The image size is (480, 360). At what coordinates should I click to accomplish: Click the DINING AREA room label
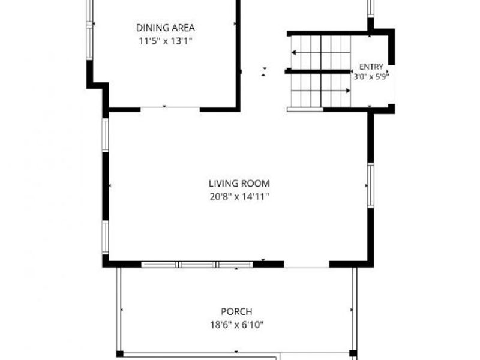[x=166, y=28]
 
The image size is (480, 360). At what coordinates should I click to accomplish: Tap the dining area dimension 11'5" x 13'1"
[x=166, y=41]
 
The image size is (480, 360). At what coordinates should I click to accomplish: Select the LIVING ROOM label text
[x=239, y=184]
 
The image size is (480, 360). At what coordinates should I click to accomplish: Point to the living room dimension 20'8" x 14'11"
[x=239, y=196]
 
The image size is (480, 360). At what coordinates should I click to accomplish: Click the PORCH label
[x=236, y=311]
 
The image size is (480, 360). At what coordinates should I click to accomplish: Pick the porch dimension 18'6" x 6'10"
[x=236, y=325]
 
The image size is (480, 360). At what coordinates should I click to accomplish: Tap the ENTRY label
[x=371, y=67]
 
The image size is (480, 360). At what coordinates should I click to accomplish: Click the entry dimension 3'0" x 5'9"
[x=371, y=77]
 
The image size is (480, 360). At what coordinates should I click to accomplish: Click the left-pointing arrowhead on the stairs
[x=293, y=53]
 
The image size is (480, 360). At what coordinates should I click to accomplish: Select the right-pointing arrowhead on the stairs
[x=348, y=91]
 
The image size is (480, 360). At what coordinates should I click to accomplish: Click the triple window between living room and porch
[x=197, y=265]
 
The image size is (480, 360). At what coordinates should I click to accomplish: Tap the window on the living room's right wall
[x=371, y=185]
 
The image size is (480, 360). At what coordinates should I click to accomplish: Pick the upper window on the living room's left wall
[x=106, y=135]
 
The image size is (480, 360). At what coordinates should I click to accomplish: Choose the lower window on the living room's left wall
[x=106, y=237]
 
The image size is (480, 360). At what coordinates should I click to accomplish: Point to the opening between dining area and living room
[x=170, y=107]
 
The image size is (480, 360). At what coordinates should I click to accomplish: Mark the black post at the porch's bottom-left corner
[x=119, y=353]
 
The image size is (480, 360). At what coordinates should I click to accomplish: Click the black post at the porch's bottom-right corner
[x=353, y=353]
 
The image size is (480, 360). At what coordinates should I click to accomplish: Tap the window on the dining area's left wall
[x=89, y=30]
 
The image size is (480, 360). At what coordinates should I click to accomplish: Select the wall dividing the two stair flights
[x=317, y=71]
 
